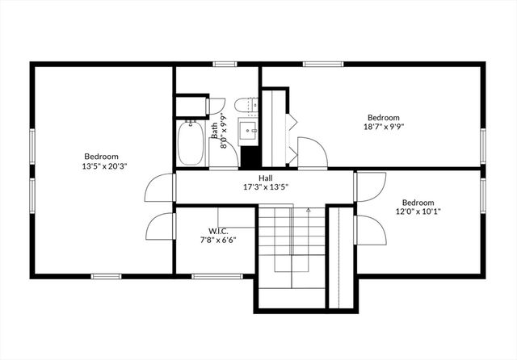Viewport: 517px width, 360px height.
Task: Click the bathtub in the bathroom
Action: click(191, 142)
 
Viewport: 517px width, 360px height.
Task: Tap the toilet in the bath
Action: click(244, 104)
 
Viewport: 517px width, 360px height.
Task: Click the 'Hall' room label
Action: click(265, 178)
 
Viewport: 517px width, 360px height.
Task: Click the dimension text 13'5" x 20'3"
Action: click(101, 166)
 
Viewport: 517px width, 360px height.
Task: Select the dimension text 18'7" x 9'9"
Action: click(384, 126)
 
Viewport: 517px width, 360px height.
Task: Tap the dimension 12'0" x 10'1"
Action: click(418, 212)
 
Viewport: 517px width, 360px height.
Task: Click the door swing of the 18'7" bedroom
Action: click(310, 152)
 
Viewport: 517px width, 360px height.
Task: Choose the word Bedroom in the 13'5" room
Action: click(101, 157)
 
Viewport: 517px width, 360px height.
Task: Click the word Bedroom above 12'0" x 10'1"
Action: click(418, 203)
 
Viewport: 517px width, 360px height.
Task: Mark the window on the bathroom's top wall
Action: click(227, 64)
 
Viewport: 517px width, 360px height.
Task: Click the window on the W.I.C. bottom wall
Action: click(217, 276)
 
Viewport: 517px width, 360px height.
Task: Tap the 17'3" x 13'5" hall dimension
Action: click(265, 187)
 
